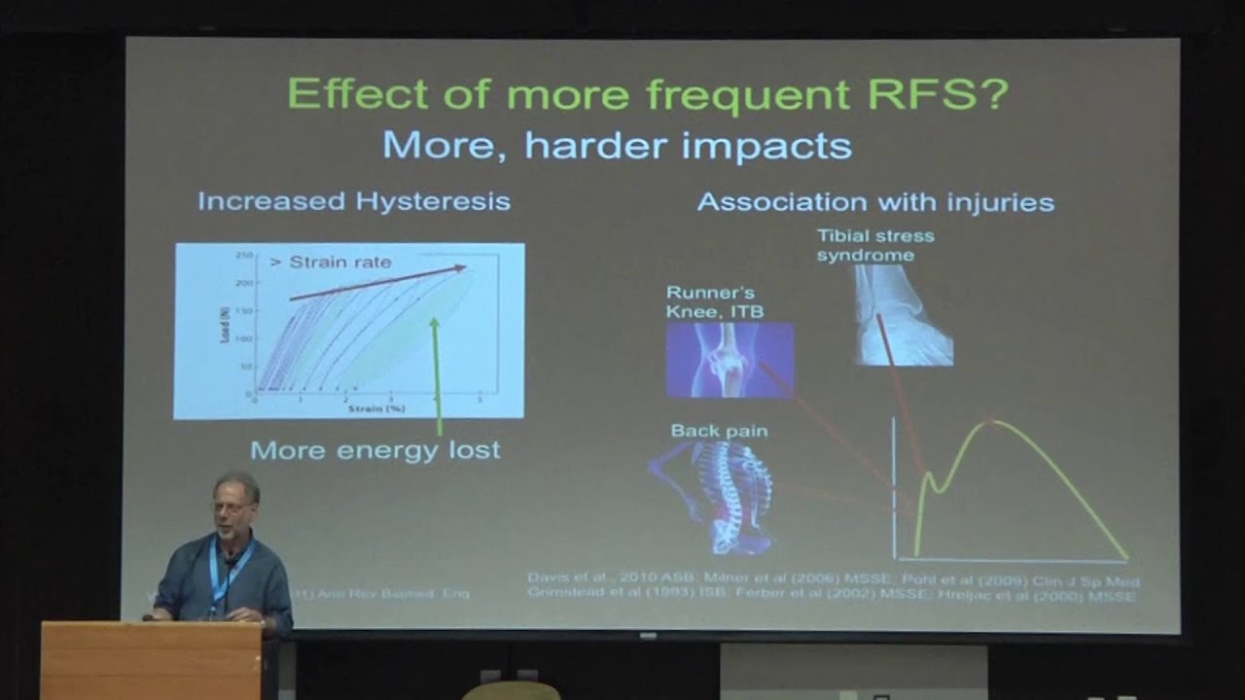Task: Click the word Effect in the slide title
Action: tap(358, 95)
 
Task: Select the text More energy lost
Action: tap(375, 449)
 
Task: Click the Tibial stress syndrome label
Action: tap(874, 245)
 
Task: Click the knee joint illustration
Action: tap(729, 360)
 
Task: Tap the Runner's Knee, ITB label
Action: tap(715, 301)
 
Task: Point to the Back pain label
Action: tap(719, 431)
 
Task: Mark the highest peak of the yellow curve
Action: tap(991, 420)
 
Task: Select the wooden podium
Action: tap(151, 661)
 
